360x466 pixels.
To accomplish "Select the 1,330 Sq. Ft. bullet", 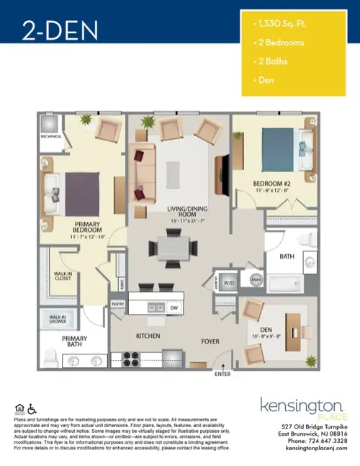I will click(281, 24).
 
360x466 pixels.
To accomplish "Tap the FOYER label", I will click(210, 342).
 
